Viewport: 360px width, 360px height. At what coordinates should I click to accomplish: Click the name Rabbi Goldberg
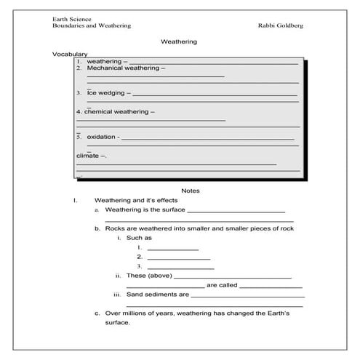point(280,25)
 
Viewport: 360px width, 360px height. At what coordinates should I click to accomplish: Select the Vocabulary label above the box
point(70,54)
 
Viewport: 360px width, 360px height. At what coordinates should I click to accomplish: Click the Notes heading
point(190,191)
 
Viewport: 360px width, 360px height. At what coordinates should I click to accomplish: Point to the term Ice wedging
point(108,93)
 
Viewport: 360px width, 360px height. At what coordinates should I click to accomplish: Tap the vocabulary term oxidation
point(102,137)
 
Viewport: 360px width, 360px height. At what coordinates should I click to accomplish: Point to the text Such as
point(139,238)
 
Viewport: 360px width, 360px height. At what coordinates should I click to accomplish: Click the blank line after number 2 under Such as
point(178,257)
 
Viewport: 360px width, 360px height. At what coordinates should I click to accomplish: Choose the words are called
point(222,285)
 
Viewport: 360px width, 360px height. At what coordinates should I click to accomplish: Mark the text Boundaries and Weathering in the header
point(92,25)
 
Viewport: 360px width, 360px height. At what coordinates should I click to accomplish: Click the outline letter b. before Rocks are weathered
point(97,228)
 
